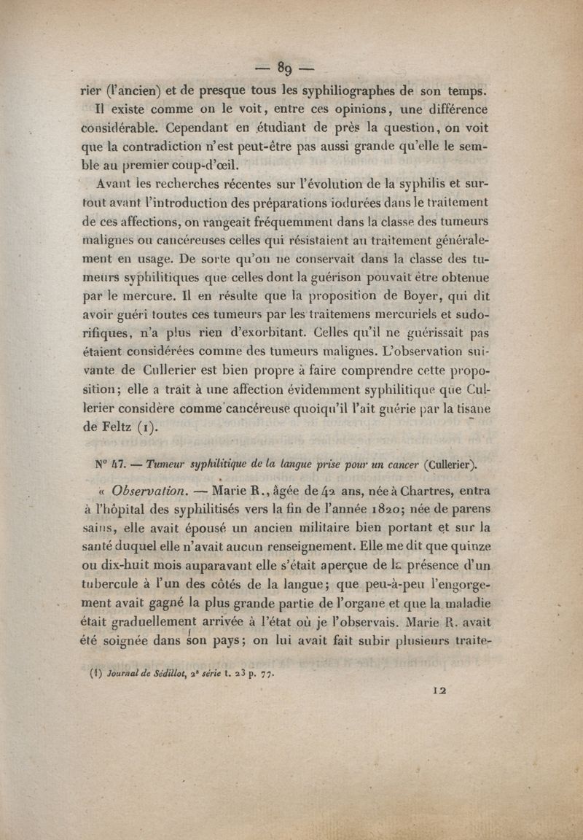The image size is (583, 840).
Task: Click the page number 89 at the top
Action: pyautogui.click(x=284, y=71)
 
